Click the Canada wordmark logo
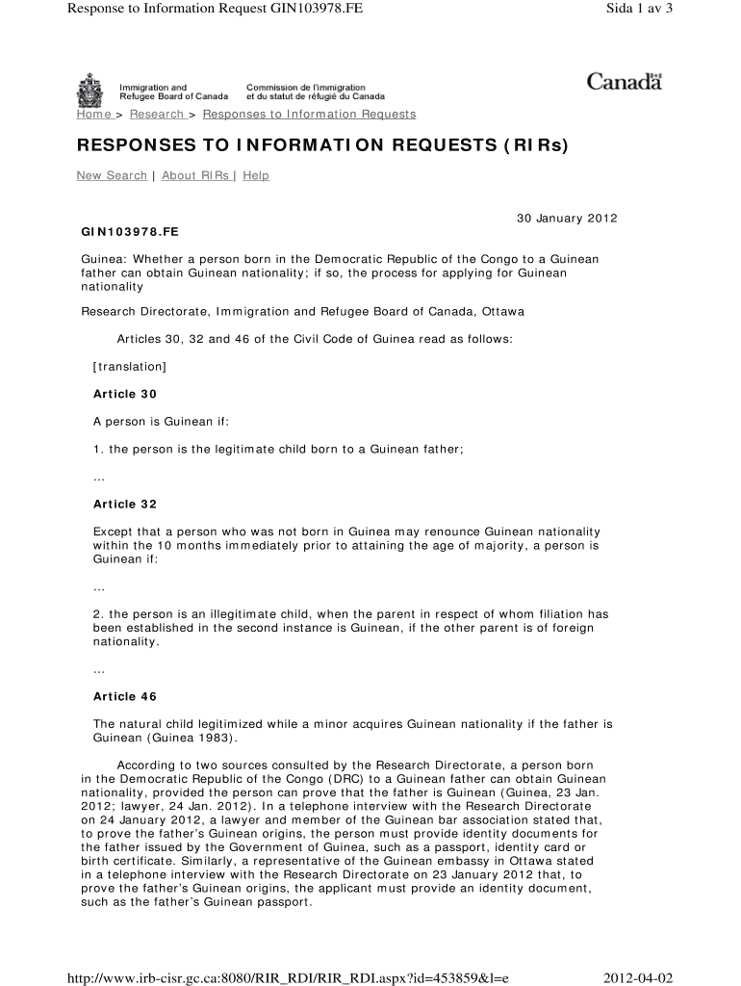click(624, 82)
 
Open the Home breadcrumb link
click(94, 115)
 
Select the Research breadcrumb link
click(157, 115)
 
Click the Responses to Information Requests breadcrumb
click(309, 115)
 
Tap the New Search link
click(112, 175)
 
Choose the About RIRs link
click(195, 175)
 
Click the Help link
click(256, 175)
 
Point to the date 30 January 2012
click(567, 219)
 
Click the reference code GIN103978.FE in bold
click(130, 232)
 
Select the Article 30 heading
click(124, 394)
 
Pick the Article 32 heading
click(124, 505)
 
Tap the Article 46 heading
click(124, 696)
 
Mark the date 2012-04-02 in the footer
click(637, 978)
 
